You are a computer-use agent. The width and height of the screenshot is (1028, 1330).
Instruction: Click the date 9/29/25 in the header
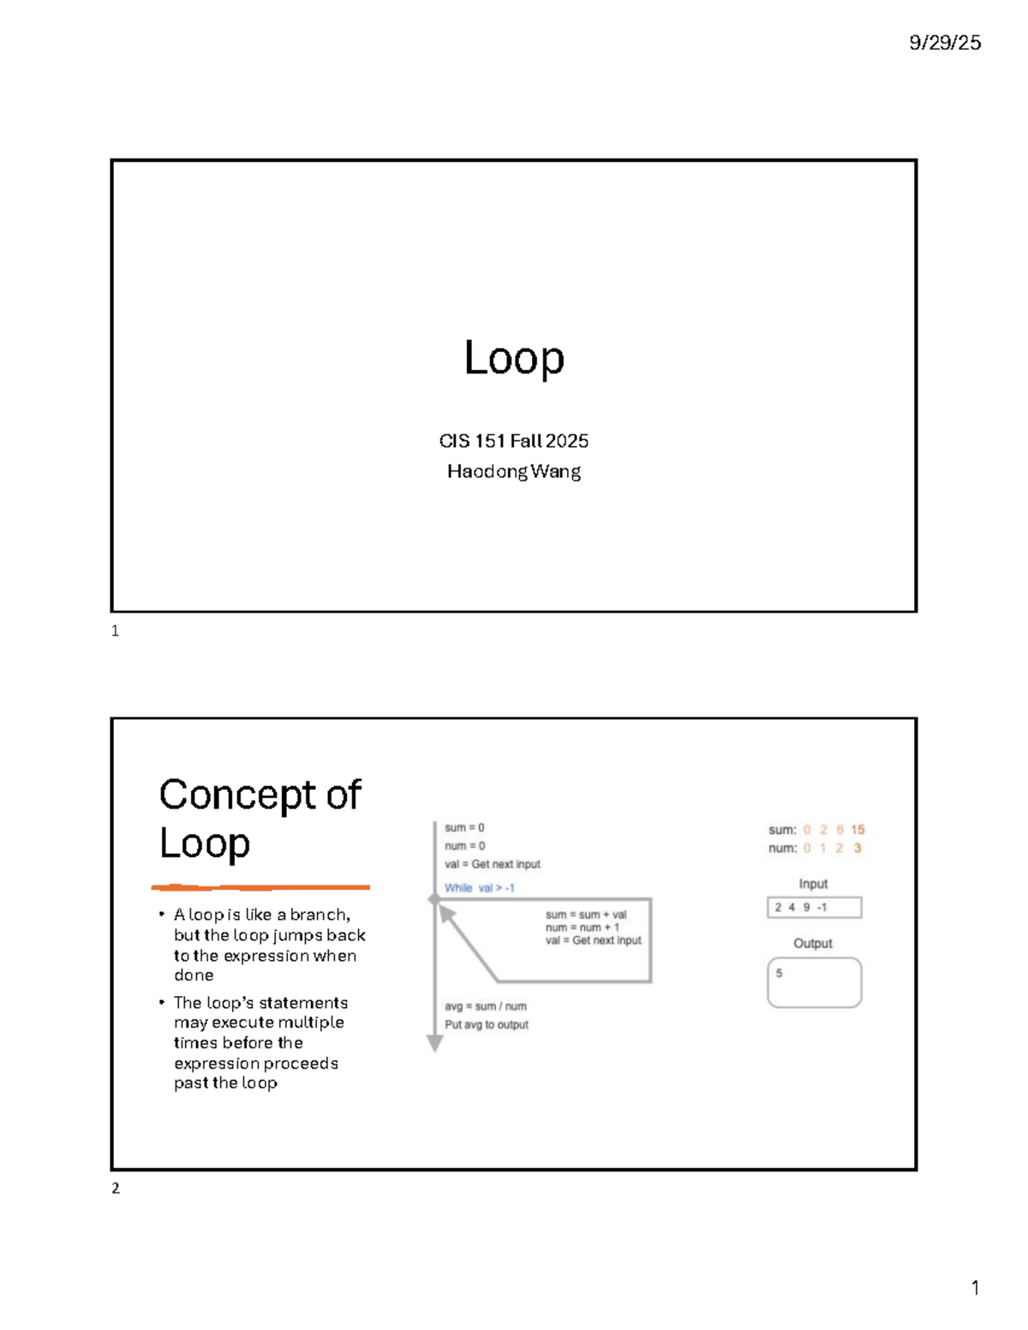point(945,43)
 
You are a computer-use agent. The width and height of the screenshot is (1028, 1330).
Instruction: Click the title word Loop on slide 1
point(514,358)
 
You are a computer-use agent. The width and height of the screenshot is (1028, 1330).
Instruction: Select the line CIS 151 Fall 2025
point(514,441)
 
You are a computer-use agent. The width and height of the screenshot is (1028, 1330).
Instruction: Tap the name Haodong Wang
point(514,471)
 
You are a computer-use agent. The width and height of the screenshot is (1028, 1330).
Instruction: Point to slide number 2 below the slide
point(116,1188)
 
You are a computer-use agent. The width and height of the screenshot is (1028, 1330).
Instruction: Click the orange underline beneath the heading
point(260,887)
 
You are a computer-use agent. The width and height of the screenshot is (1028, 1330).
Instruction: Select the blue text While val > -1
point(479,888)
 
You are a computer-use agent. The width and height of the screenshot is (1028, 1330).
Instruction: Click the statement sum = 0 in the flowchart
point(464,828)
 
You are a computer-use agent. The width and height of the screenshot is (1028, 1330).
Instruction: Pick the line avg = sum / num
point(485,1006)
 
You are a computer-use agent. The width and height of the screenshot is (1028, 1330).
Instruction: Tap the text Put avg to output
point(487,1024)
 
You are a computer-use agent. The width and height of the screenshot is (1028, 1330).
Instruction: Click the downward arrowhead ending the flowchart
point(435,1043)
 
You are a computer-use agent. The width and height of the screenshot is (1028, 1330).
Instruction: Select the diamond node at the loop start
point(434,899)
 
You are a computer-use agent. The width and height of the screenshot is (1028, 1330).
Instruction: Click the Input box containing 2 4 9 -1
point(814,908)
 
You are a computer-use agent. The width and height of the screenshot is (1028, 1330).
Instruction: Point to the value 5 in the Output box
point(779,974)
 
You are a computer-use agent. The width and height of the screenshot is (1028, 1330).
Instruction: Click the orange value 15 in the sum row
point(858,830)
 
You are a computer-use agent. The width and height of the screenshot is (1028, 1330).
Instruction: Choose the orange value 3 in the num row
point(858,848)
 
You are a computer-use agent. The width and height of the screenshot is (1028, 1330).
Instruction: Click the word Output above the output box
point(813,943)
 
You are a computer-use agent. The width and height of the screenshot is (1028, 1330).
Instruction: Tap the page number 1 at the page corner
point(975,1288)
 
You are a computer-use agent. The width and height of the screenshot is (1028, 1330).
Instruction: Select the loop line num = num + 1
point(583,927)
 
